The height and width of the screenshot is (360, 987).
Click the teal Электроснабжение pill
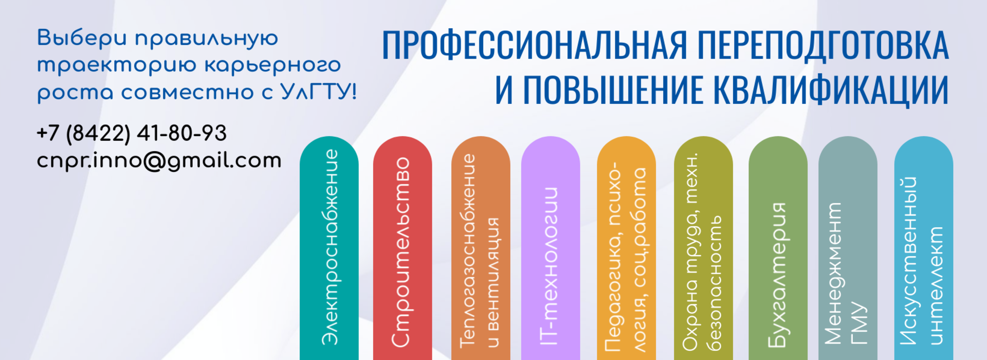point(329,248)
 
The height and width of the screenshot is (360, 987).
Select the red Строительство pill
point(403,248)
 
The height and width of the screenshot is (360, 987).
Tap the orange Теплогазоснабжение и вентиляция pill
point(481,248)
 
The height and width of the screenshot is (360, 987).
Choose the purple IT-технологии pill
point(551,248)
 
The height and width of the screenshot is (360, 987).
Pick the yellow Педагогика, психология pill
point(626,248)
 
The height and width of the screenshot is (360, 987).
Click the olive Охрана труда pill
point(703,248)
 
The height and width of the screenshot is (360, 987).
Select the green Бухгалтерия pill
point(778,248)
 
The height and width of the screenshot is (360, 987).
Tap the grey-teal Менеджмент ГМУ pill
point(848,248)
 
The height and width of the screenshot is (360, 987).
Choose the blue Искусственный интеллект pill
point(924,248)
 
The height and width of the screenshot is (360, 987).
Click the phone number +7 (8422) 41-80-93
point(132,134)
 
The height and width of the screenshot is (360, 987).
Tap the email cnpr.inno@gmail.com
point(159,161)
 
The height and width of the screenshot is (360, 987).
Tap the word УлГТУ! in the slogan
point(319,92)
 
